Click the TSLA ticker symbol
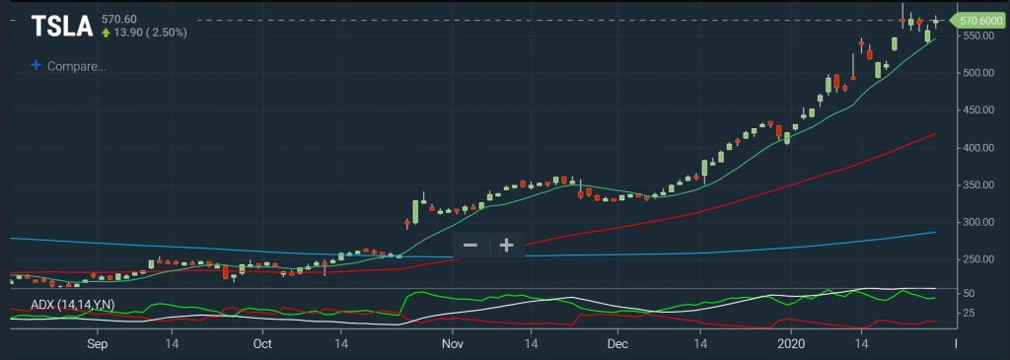pyautogui.click(x=61, y=25)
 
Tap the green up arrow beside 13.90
pyautogui.click(x=105, y=33)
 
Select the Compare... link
pyautogui.click(x=76, y=66)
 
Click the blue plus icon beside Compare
pyautogui.click(x=36, y=65)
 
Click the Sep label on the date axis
pyautogui.click(x=96, y=344)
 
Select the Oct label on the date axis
pyautogui.click(x=261, y=344)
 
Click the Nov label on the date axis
pyautogui.click(x=452, y=344)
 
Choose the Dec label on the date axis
pyautogui.click(x=616, y=344)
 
